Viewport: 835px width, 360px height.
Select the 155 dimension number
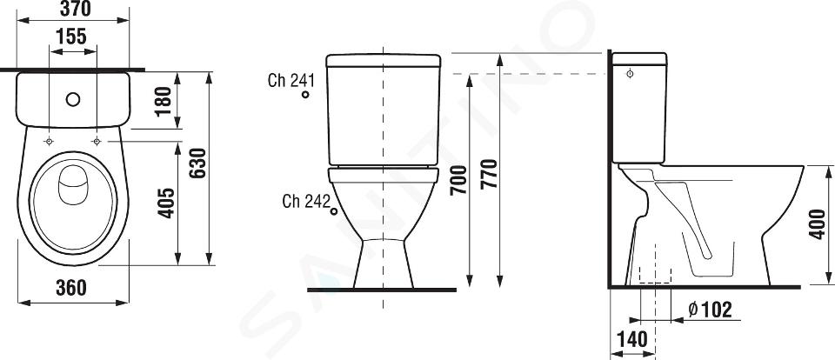[x=71, y=37]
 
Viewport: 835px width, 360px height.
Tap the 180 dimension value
[x=164, y=100]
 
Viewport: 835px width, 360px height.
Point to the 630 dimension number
[x=197, y=163]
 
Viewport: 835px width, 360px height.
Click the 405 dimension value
[x=166, y=203]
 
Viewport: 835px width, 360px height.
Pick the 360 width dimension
[x=70, y=288]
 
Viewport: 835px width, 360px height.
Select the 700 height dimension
[x=458, y=180]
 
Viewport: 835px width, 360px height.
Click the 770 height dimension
[x=490, y=174]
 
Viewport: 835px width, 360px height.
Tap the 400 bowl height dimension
[x=818, y=224]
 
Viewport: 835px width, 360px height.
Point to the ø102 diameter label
[x=711, y=309]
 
